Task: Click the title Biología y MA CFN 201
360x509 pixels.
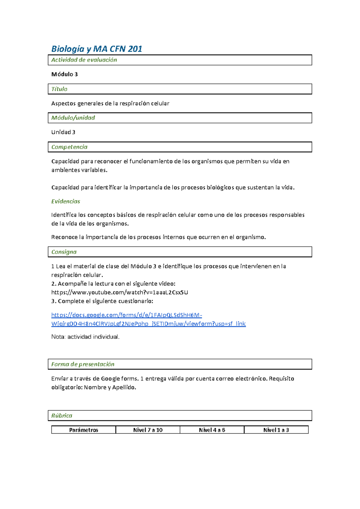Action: [x=96, y=49]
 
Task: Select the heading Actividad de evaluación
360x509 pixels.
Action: [x=84, y=60]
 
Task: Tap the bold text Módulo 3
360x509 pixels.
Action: [x=64, y=74]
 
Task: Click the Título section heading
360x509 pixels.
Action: [x=59, y=89]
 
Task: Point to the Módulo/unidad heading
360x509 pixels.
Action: [x=73, y=118]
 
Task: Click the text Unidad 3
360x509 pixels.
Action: [x=63, y=132]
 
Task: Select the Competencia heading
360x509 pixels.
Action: [x=69, y=147]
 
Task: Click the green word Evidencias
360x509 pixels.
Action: [x=65, y=201]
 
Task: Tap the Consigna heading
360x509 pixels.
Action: [x=64, y=252]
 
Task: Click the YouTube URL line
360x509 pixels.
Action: [x=119, y=292]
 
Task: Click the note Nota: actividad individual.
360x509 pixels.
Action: [x=85, y=337]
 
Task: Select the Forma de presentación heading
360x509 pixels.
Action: [x=82, y=364]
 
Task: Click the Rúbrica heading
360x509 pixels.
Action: [x=61, y=415]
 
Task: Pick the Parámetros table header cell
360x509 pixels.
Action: [x=83, y=430]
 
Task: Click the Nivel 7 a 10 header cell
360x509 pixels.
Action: [x=148, y=430]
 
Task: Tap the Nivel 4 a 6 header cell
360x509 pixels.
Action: [x=212, y=430]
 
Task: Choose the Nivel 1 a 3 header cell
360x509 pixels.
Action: [x=276, y=430]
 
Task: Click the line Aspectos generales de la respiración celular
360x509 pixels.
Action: [x=110, y=103]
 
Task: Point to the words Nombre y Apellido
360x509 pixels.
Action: [x=109, y=387]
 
